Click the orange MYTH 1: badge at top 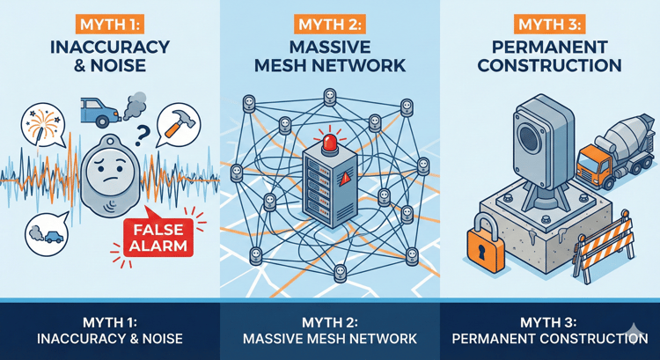pos(109,24)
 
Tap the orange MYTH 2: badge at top pos(329,24)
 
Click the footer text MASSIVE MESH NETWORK pos(329,339)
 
